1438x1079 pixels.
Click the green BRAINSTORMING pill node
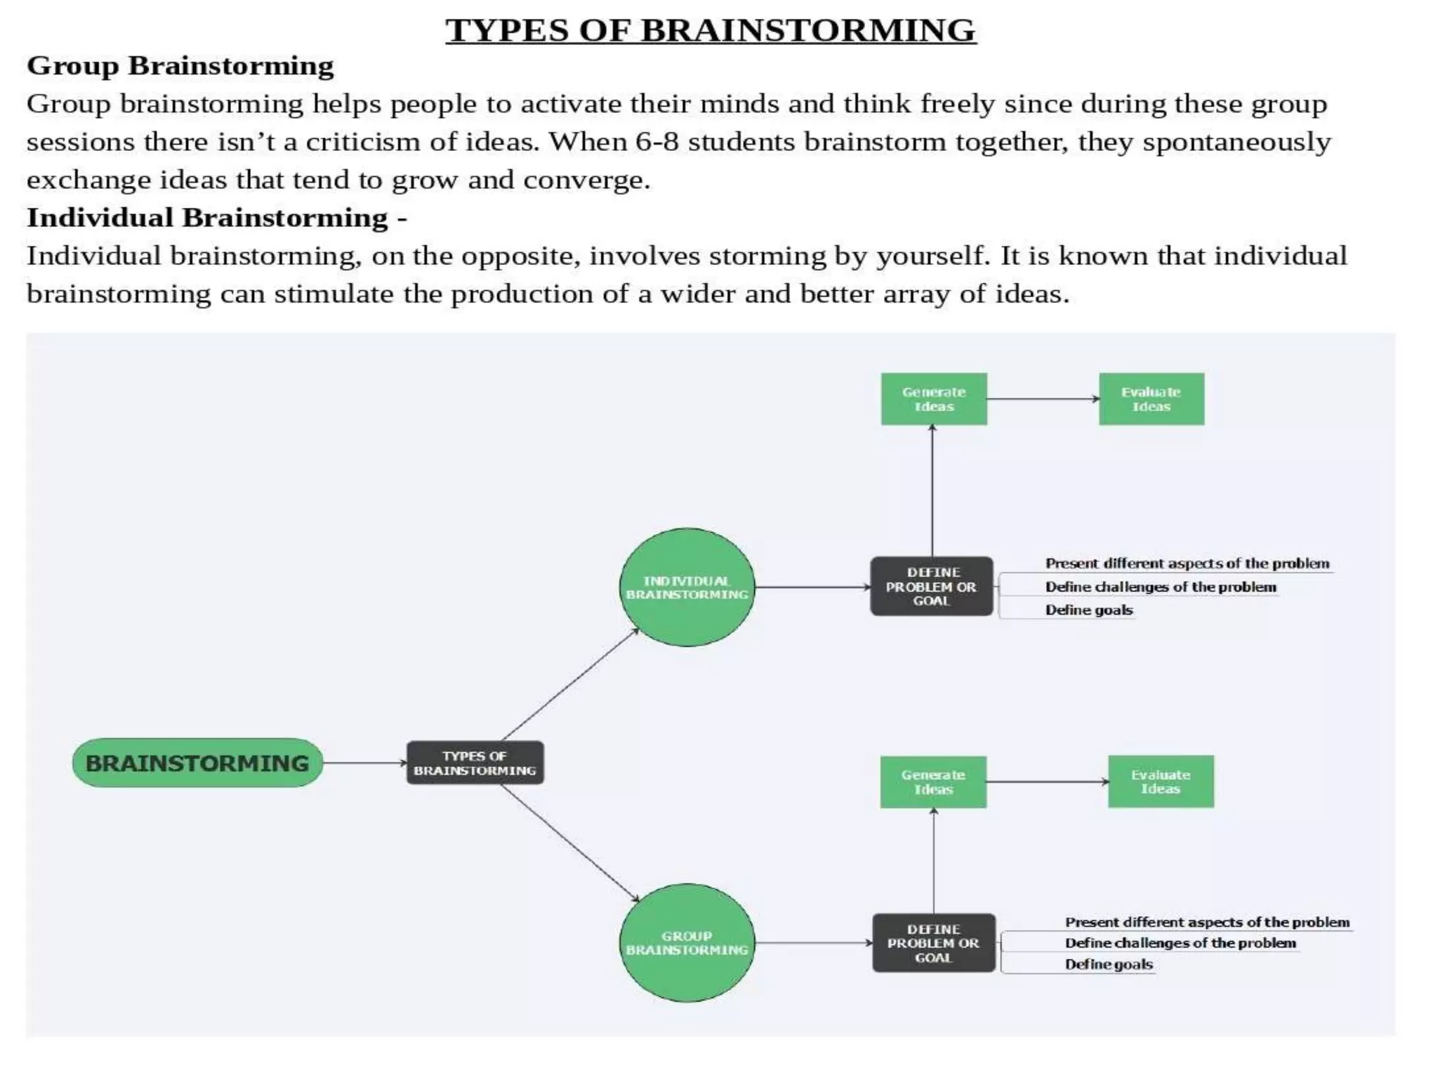pyautogui.click(x=197, y=763)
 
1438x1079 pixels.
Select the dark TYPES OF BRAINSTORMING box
pyautogui.click(x=475, y=763)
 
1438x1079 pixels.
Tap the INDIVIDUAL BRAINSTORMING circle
pyautogui.click(x=687, y=587)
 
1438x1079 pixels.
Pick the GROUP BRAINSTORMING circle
pyautogui.click(x=687, y=943)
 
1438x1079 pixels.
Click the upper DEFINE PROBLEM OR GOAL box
pyautogui.click(x=932, y=587)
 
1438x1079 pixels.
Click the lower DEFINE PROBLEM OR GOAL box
pyautogui.click(x=934, y=943)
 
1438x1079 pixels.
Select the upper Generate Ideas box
pyautogui.click(x=934, y=399)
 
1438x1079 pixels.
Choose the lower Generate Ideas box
pyautogui.click(x=933, y=782)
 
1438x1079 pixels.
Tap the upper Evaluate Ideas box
pyautogui.click(x=1152, y=399)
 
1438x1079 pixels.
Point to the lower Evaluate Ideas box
pyautogui.click(x=1161, y=781)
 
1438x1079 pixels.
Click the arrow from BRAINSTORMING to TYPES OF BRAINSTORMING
pyautogui.click(x=365, y=763)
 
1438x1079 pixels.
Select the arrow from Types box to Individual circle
pyautogui.click(x=571, y=685)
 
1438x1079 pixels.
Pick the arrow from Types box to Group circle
pyautogui.click(x=571, y=843)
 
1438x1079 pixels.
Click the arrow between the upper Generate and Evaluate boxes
pyautogui.click(x=1043, y=399)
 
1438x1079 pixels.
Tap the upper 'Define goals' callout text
pyautogui.click(x=1089, y=610)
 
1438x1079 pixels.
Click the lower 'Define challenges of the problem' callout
pyautogui.click(x=1180, y=943)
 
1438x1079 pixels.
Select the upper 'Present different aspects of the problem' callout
pyautogui.click(x=1187, y=563)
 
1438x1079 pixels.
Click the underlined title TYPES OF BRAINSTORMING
pyautogui.click(x=711, y=30)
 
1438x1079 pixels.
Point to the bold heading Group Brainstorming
pyautogui.click(x=180, y=66)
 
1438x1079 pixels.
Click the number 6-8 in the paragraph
pyautogui.click(x=657, y=142)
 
